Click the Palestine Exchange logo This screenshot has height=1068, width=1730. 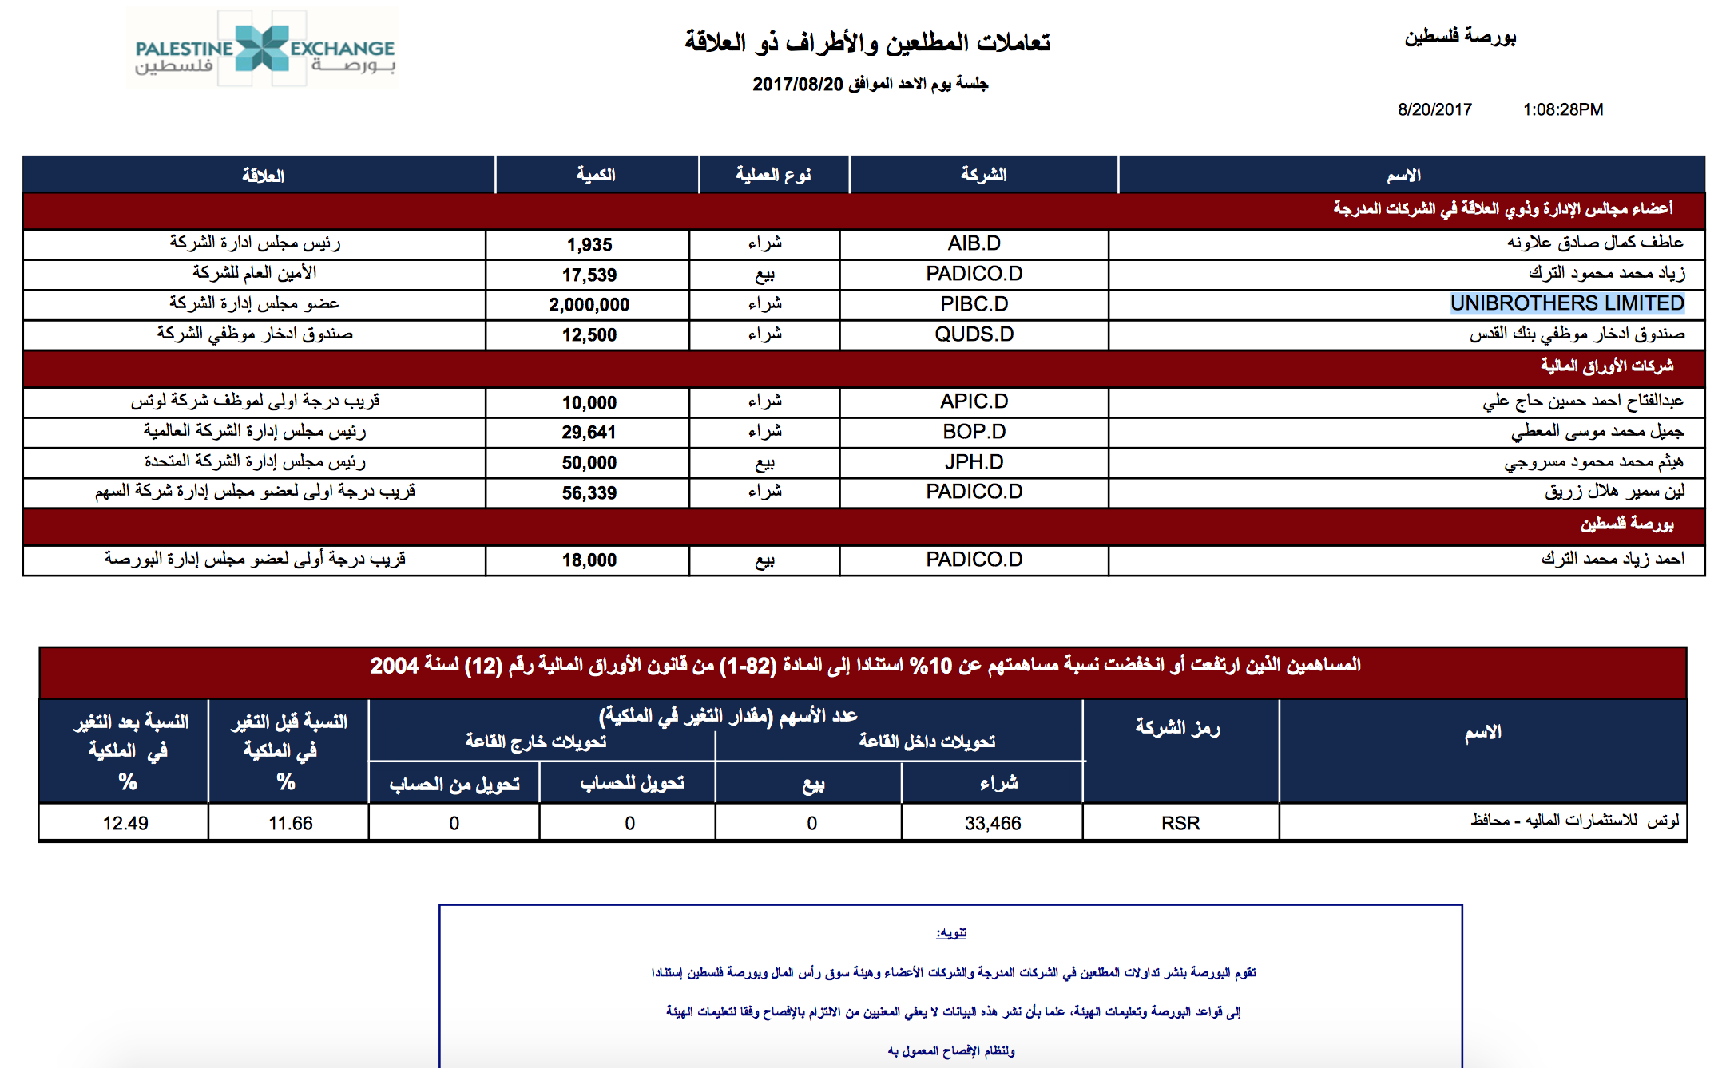pyautogui.click(x=264, y=49)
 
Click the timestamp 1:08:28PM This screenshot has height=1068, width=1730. pyautogui.click(x=1562, y=109)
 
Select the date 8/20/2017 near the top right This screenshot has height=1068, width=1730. pyautogui.click(x=1434, y=109)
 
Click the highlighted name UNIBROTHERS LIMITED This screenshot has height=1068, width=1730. pyautogui.click(x=1566, y=303)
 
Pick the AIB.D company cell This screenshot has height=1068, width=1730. pyautogui.click(x=974, y=243)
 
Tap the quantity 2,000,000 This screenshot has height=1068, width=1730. pyautogui.click(x=589, y=305)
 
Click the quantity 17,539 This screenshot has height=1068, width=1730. pyautogui.click(x=589, y=275)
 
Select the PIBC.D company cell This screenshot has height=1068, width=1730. pyautogui.click(x=974, y=304)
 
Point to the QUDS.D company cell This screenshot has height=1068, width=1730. pyautogui.click(x=974, y=334)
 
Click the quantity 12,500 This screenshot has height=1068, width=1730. pyautogui.click(x=589, y=335)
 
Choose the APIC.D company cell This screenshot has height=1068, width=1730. pyautogui.click(x=974, y=401)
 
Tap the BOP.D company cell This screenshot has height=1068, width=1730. pyautogui.click(x=974, y=432)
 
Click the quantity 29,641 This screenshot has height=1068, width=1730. pyautogui.click(x=589, y=433)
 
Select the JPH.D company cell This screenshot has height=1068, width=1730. pyautogui.click(x=974, y=462)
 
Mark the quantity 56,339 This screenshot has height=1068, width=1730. pyautogui.click(x=589, y=493)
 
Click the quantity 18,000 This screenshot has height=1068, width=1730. pyautogui.click(x=589, y=560)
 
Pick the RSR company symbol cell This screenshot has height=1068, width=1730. pyautogui.click(x=1180, y=823)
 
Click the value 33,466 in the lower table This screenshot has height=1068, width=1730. pyautogui.click(x=992, y=823)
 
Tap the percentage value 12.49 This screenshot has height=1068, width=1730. pyautogui.click(x=125, y=823)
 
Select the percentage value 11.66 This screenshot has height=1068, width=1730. pyautogui.click(x=290, y=823)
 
